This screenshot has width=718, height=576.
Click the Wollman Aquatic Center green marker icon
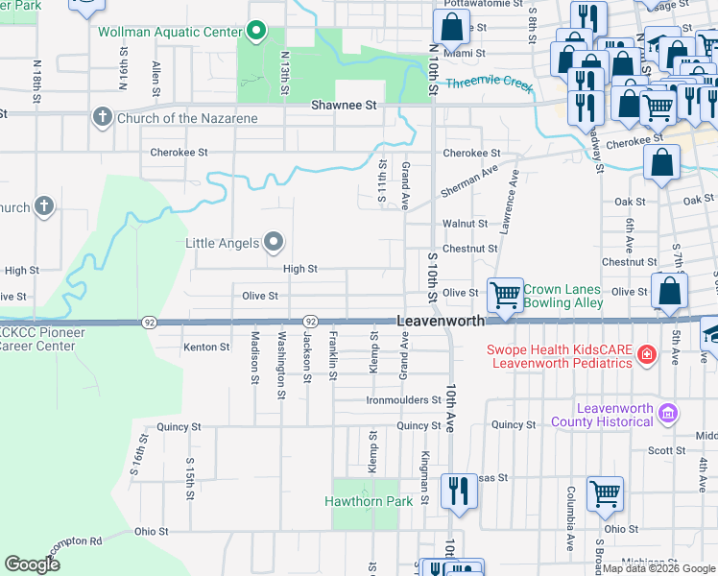255,32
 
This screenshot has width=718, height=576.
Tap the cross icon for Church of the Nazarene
103,117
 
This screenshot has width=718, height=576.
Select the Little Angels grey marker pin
274,242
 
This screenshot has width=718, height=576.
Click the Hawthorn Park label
369,501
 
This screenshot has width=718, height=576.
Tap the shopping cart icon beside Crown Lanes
505,293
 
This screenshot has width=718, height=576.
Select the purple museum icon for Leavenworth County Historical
669,415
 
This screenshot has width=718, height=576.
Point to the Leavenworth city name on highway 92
442,322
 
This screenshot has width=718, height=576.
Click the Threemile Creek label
490,84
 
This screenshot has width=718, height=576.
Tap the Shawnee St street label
341,105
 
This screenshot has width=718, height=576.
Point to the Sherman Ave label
469,180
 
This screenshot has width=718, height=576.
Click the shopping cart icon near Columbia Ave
606,493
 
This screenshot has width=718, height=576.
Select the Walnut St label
466,224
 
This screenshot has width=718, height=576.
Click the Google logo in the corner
33,564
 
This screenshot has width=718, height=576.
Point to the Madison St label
254,357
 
